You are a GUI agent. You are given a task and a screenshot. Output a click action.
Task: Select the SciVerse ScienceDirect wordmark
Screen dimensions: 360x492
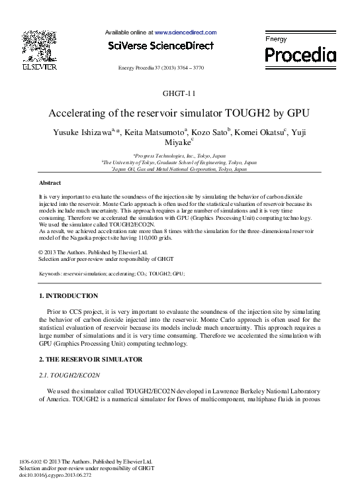pyautogui.click(x=161, y=46)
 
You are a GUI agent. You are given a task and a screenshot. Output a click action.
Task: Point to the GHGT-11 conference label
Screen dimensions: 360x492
pyautogui.click(x=179, y=94)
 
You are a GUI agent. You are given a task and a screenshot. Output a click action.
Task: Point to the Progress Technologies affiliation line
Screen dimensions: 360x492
pyautogui.click(x=179, y=156)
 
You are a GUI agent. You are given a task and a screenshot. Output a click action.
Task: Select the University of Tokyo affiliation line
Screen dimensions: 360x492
pyautogui.click(x=179, y=162)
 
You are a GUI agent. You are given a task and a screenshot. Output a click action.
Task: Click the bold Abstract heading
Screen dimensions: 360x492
pyautogui.click(x=50, y=182)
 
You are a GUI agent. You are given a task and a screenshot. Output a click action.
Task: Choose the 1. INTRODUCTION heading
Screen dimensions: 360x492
pyautogui.click(x=69, y=296)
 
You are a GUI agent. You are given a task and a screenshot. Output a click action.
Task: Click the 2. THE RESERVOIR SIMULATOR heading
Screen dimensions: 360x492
pyautogui.click(x=91, y=360)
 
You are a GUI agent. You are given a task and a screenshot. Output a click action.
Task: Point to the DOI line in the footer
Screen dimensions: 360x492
pyautogui.click(x=65, y=475)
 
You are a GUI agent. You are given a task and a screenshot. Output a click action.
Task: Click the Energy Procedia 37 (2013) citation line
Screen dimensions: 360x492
pyautogui.click(x=179, y=68)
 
